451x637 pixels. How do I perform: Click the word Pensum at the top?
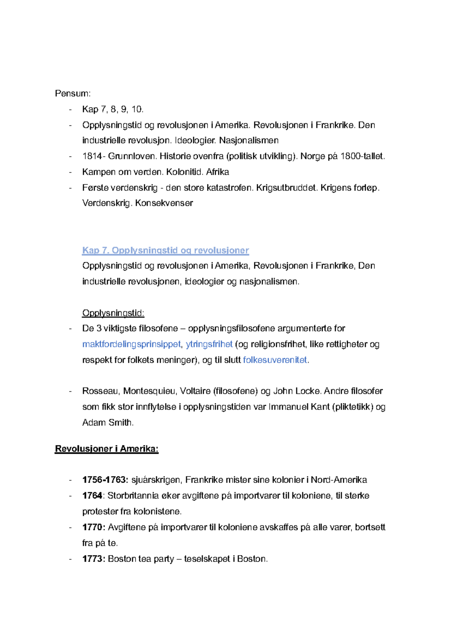(72, 94)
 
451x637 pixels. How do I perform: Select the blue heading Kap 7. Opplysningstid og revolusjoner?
(165, 251)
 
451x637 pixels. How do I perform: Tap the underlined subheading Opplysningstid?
(113, 313)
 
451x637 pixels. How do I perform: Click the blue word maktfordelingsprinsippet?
(132, 344)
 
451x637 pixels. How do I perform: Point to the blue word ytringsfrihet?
(209, 344)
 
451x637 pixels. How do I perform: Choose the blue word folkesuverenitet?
(275, 360)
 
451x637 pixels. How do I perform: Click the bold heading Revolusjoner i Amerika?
(107, 449)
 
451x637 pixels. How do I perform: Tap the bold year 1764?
(92, 496)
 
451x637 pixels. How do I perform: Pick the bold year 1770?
(94, 527)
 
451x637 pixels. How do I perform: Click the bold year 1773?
(94, 559)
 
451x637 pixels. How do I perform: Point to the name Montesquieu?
(149, 391)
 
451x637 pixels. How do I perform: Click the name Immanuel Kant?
(299, 407)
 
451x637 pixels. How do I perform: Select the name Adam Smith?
(107, 423)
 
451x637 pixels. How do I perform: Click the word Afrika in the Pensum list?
(218, 172)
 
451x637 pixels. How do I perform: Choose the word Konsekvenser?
(164, 203)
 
